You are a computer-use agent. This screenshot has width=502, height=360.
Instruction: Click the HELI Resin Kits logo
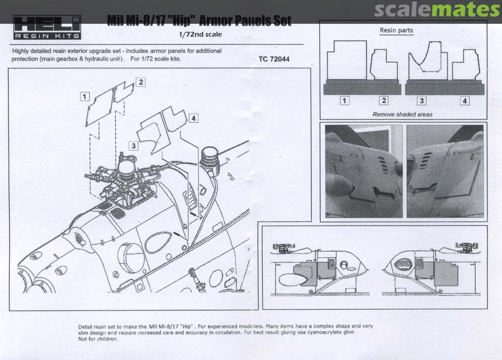47,27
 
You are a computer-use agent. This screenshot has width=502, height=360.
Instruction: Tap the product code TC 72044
274,59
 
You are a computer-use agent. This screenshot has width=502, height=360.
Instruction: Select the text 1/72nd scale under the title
200,34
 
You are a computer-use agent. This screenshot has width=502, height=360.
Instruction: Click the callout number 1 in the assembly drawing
85,96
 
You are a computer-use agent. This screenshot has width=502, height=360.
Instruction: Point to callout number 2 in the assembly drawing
141,82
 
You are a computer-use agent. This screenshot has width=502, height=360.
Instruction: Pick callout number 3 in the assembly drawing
133,146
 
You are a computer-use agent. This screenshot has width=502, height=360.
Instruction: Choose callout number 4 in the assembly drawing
193,118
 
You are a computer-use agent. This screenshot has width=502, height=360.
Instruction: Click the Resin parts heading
396,30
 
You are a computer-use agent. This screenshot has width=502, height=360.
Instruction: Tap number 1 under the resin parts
344,100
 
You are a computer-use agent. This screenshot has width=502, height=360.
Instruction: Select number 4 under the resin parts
464,100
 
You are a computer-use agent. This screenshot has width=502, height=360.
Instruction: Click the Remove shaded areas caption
403,114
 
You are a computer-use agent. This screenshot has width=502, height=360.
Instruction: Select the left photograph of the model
363,171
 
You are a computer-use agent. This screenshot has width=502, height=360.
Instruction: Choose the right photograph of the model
445,171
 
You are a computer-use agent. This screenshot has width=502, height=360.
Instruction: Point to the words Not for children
98,339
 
